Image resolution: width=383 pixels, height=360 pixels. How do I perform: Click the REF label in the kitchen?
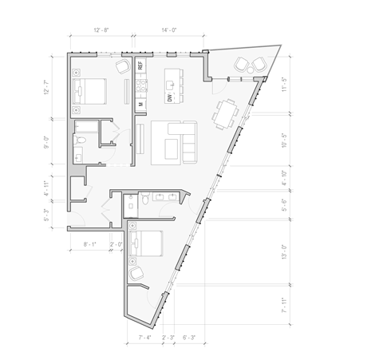pos(140,66)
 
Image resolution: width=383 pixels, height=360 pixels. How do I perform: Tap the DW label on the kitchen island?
pos(170,97)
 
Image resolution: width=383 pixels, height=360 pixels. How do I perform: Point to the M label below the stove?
pos(140,103)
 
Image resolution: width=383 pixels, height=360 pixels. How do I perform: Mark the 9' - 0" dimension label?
pos(47,144)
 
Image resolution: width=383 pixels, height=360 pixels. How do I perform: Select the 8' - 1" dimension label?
pos(89,244)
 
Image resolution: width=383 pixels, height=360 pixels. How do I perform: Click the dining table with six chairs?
pos(227,112)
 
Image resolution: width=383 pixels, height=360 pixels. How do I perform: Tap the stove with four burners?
pos(140,84)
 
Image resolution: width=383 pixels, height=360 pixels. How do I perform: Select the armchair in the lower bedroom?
pos(136,273)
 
